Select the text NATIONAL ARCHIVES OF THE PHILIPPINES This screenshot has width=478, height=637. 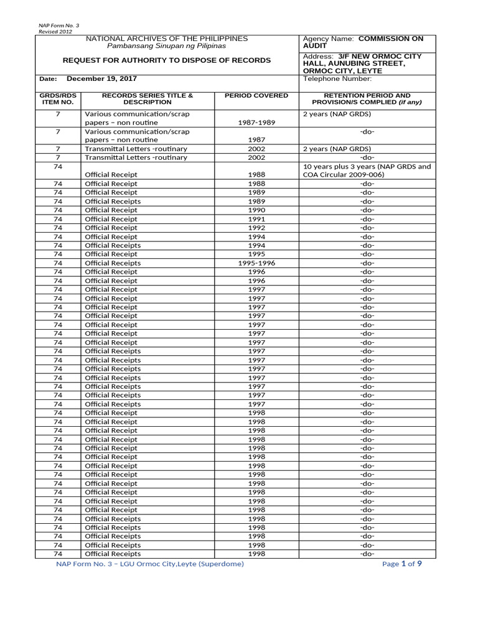coord(168,39)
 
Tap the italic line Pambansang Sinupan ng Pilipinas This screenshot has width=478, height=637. coord(168,46)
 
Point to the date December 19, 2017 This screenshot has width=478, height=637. coord(101,79)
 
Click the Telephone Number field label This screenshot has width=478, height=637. coord(337,79)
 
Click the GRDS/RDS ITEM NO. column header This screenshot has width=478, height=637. coord(57,98)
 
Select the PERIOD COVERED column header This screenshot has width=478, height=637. coord(256,95)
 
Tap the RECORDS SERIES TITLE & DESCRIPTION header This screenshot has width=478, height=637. coord(148,98)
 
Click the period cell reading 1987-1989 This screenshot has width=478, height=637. coord(256,123)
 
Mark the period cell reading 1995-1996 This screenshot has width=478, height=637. coord(256,263)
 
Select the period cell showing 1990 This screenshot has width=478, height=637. coord(256,210)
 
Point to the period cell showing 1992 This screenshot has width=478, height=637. coord(256,228)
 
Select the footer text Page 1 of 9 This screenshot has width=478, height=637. coord(403,564)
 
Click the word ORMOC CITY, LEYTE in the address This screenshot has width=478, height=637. coord(342,71)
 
